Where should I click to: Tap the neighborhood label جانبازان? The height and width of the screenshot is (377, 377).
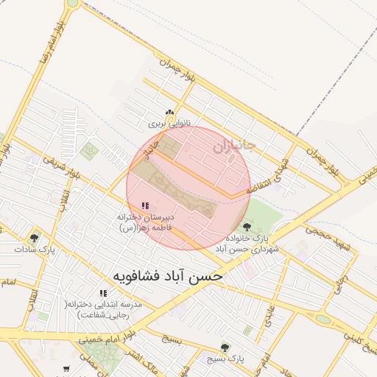[234, 147]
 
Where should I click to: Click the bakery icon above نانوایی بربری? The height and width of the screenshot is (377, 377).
[170, 113]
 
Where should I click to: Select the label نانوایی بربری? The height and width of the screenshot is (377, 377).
[170, 124]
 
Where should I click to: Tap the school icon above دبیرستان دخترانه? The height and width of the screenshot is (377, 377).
[145, 206]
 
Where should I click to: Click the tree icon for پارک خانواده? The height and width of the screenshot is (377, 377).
[246, 226]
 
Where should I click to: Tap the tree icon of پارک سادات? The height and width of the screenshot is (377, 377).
[34, 237]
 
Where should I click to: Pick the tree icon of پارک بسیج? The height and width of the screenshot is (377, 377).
[225, 347]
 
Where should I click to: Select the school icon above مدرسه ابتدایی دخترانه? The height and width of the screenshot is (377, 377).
[103, 293]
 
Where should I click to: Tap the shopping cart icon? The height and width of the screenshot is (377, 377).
[67, 368]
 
